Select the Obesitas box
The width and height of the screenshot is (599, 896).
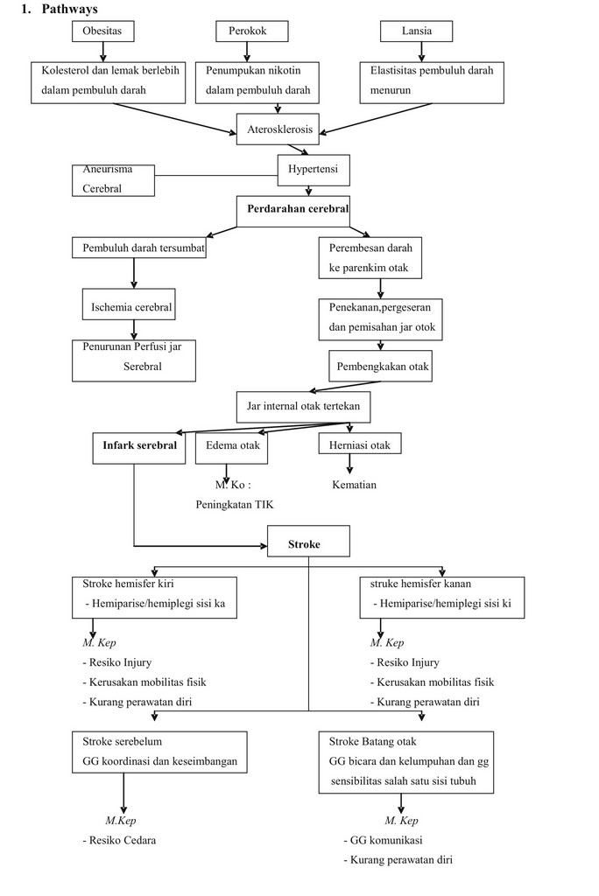(108, 31)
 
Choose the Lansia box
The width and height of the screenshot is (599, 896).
(417, 31)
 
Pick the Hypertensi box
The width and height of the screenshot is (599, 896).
(313, 169)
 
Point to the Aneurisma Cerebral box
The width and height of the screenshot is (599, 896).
(113, 180)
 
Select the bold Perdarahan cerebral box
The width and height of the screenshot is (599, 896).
(292, 210)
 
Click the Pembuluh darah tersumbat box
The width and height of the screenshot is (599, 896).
(137, 248)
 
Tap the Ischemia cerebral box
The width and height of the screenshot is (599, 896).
(131, 307)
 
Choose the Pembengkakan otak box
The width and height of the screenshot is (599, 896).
(382, 366)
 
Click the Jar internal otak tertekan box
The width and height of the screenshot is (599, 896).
(303, 406)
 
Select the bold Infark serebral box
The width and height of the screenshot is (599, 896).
(139, 445)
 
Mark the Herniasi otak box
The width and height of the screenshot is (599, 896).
(360, 445)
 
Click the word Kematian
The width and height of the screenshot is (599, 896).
(354, 484)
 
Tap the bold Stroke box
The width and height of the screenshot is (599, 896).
(307, 544)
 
